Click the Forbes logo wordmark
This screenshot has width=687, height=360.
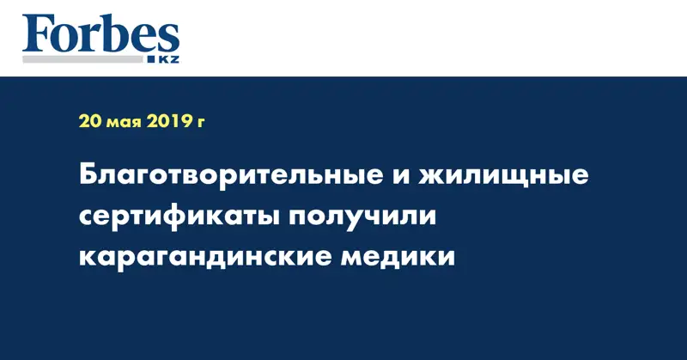coord(100,34)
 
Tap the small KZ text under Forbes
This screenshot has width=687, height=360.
coord(168,59)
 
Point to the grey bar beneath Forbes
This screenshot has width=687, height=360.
coord(82,59)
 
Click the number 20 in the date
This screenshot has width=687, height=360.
coord(90,121)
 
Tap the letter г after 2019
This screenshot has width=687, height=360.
coord(201,123)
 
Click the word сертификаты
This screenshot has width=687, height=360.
coord(178,216)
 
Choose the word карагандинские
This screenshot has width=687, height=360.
coord(204,257)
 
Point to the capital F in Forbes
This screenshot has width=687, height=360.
coord(36,34)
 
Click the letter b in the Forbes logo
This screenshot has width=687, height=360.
coord(117,33)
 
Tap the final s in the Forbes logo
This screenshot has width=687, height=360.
coord(169,40)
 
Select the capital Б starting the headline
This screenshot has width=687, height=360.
coord(88,175)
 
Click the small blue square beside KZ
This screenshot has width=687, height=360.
coord(152,59)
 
